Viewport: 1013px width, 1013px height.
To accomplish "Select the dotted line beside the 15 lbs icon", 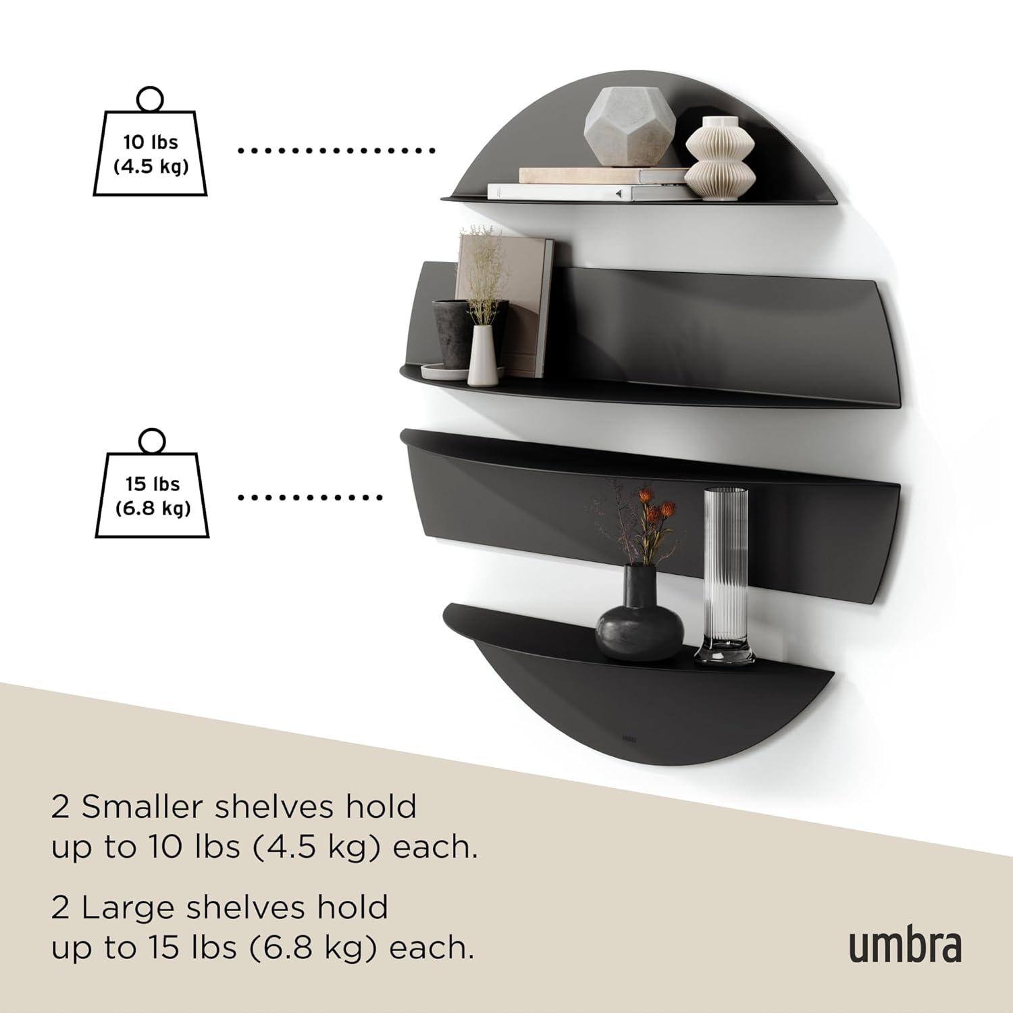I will [x=311, y=498].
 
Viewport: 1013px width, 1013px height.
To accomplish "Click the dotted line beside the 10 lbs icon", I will [x=336, y=151].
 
